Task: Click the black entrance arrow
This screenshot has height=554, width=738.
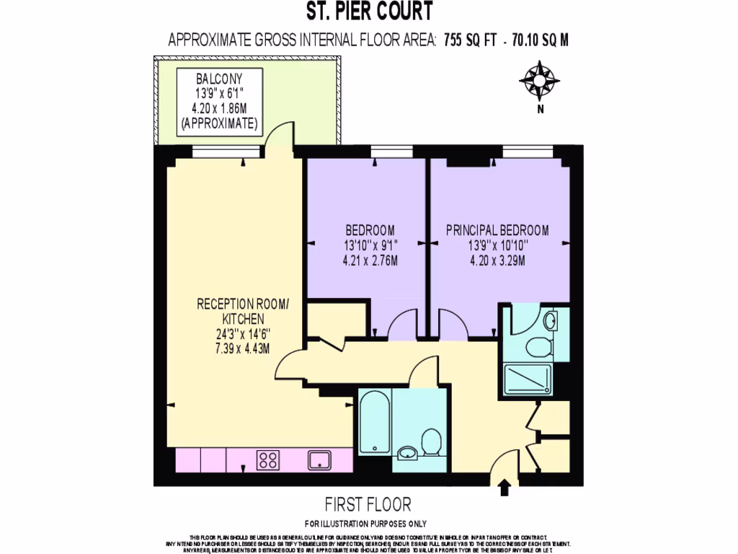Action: point(504,488)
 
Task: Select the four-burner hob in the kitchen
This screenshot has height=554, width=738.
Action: point(269,460)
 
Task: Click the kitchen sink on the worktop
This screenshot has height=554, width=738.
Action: point(319,460)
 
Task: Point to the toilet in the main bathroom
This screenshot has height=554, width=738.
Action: point(432,441)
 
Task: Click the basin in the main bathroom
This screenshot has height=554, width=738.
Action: point(407,454)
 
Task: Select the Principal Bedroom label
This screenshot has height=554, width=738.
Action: point(497,231)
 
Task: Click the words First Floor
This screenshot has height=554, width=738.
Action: point(368,504)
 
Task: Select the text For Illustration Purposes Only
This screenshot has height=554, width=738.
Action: point(365,524)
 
